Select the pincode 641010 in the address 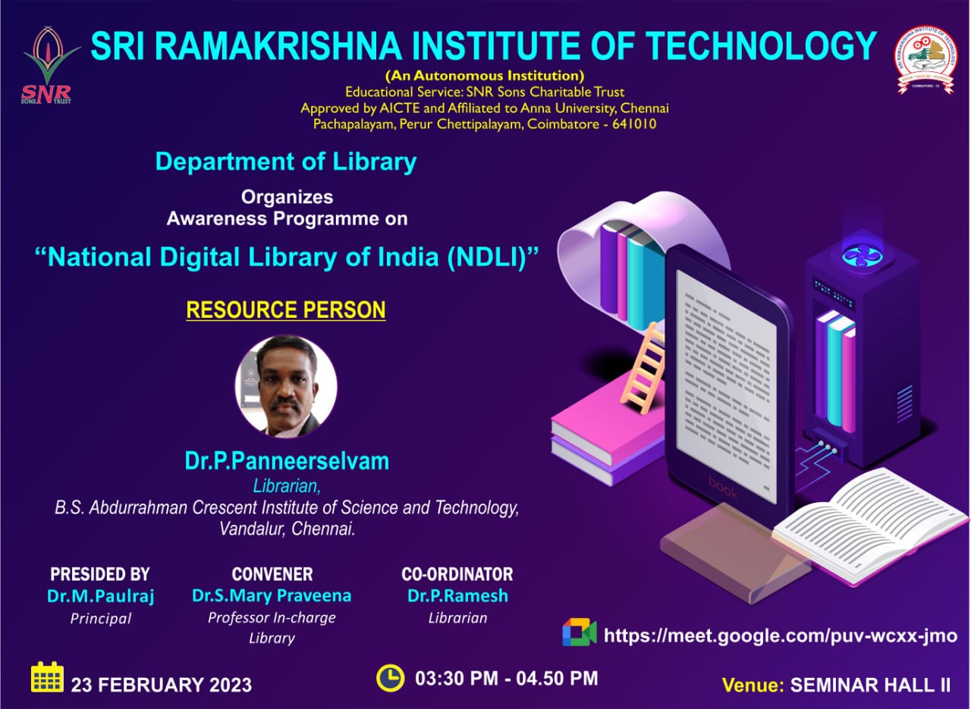[631, 124]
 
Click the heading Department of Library [286, 162]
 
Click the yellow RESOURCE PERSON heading [286, 310]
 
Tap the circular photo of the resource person [286, 386]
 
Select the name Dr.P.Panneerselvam [286, 461]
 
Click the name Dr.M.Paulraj [100, 596]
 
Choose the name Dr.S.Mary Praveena [272, 596]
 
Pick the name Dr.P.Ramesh [457, 596]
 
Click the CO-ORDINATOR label [457, 574]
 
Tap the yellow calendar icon [47, 677]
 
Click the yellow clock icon [390, 677]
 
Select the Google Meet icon [579, 632]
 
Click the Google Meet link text [780, 635]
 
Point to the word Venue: [752, 685]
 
